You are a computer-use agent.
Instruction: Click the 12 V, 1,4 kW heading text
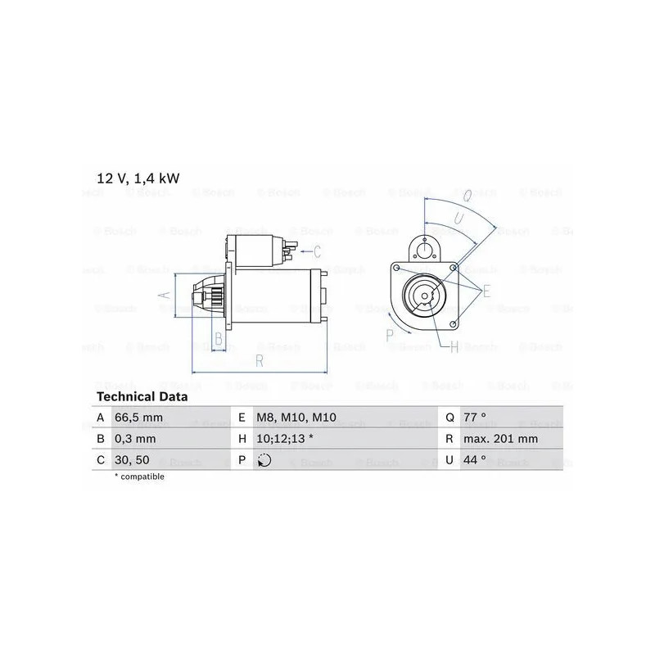pyautogui.click(x=138, y=178)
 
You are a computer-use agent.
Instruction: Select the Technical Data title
pyautogui.click(x=142, y=396)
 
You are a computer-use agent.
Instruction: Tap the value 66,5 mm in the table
pyautogui.click(x=138, y=418)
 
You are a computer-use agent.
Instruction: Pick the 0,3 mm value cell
pyautogui.click(x=135, y=439)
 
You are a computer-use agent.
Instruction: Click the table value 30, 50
pyautogui.click(x=132, y=460)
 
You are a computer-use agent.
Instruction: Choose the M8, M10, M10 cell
pyautogui.click(x=296, y=418)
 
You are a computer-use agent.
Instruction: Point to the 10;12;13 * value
pyautogui.click(x=285, y=439)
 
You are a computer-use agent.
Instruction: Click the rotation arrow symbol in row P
pyautogui.click(x=264, y=460)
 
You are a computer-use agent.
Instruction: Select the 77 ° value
pyautogui.click(x=475, y=418)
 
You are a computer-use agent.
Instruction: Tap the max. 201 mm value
pyautogui.click(x=501, y=439)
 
